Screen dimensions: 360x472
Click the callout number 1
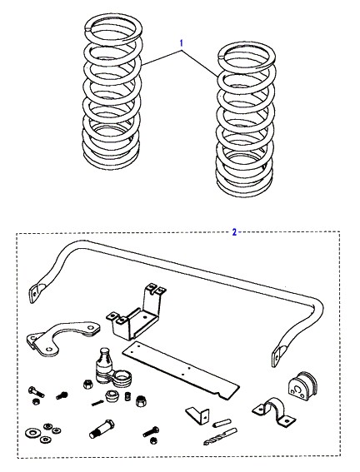point(182,43)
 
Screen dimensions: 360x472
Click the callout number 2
point(234,232)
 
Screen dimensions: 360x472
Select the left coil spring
point(112,92)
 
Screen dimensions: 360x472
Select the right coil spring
point(245,120)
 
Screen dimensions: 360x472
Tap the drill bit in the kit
point(220,437)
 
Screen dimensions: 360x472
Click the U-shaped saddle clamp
point(273,412)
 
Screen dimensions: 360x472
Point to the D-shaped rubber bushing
point(302,386)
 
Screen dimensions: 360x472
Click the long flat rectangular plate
point(181,370)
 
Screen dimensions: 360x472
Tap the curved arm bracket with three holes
point(62,338)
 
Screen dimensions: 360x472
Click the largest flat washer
point(32,433)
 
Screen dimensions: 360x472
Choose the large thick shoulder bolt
point(102,429)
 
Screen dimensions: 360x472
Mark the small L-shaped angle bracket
point(198,415)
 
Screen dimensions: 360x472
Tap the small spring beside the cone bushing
point(127,396)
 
